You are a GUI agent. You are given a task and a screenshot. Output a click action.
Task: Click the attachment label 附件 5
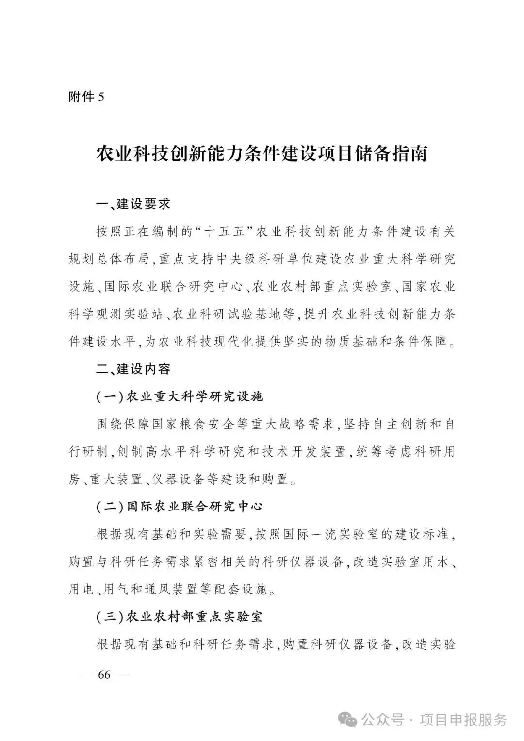(86, 97)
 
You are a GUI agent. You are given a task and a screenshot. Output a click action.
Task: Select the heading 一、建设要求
(133, 204)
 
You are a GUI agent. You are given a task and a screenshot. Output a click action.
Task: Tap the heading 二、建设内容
(133, 369)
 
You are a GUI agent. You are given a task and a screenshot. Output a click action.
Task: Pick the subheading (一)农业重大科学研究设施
(180, 396)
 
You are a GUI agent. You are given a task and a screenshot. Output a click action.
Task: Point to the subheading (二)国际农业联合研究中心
(180, 507)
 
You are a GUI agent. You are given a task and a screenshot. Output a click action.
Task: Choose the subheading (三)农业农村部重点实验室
(180, 617)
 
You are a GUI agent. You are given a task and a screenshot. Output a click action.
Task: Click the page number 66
(104, 675)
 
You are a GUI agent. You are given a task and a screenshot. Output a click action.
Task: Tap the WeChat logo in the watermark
(350, 719)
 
